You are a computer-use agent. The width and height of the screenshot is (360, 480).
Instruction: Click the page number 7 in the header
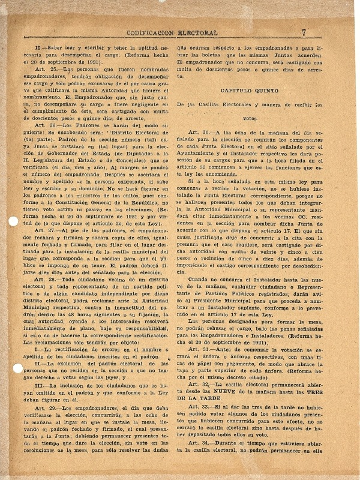(x=304, y=33)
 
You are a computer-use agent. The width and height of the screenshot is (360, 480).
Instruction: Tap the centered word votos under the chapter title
(x=259, y=119)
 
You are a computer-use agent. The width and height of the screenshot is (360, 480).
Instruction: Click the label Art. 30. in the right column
(x=199, y=132)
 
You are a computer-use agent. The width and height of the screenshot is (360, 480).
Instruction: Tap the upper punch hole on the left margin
(x=13, y=204)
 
